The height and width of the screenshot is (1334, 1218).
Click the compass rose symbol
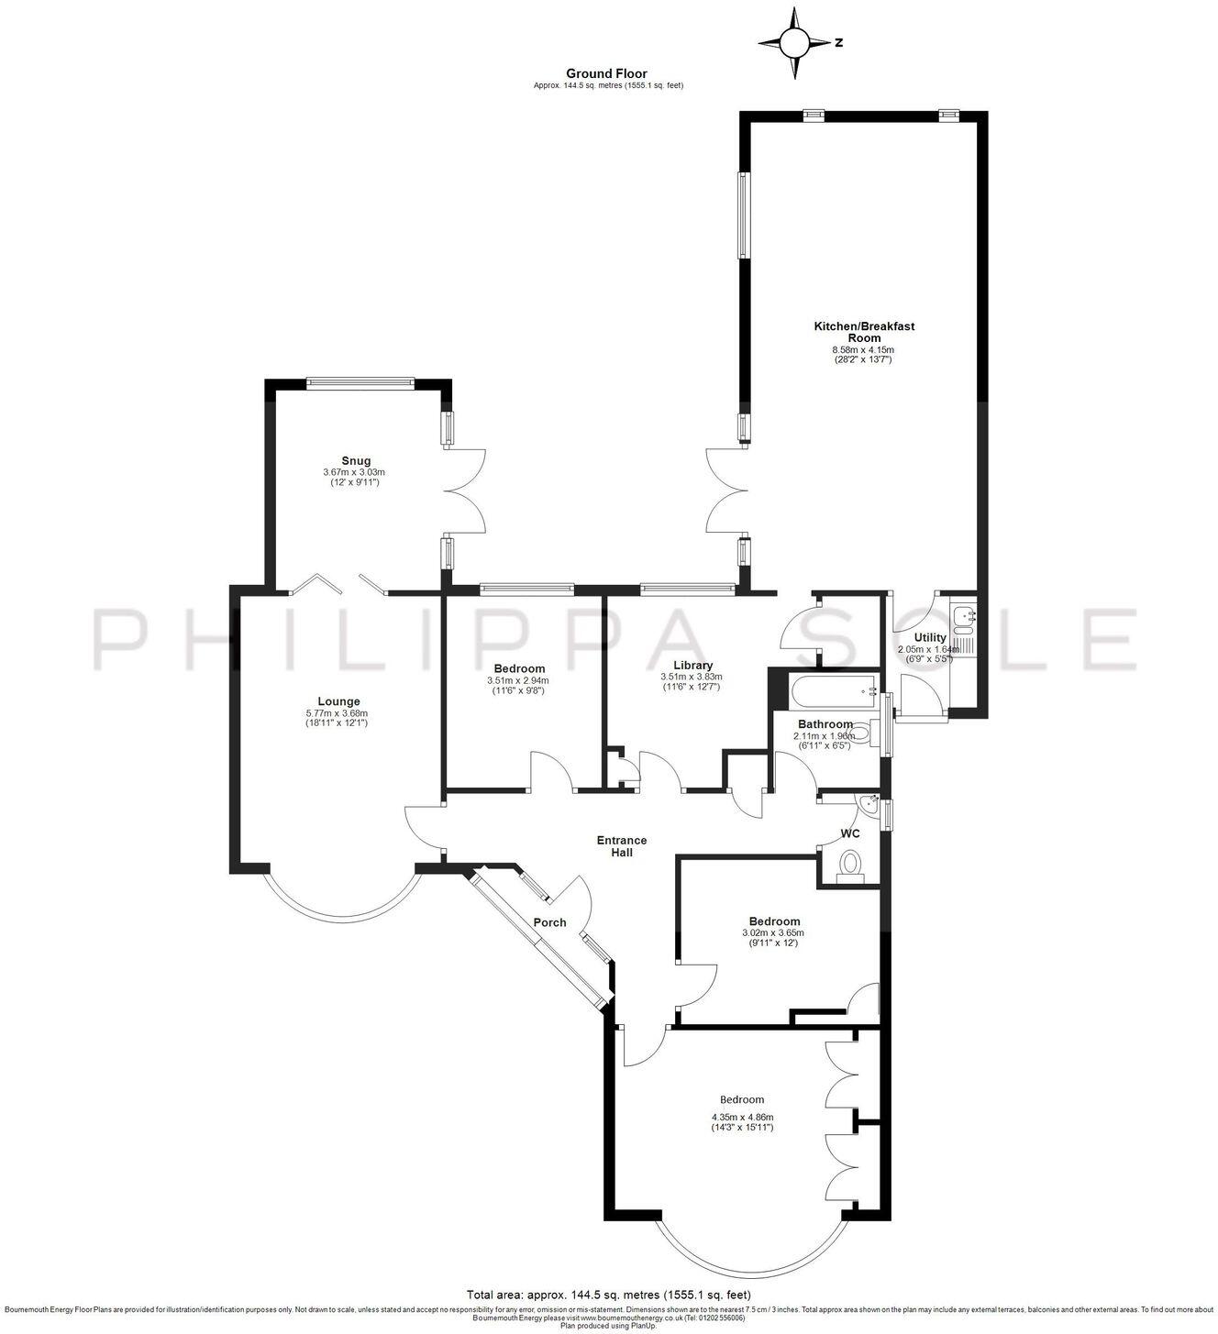click(795, 42)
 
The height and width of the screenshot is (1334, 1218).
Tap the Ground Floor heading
click(606, 73)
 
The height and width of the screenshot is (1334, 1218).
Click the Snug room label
click(356, 460)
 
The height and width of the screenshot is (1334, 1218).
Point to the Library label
click(692, 666)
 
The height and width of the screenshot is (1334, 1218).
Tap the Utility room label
click(930, 637)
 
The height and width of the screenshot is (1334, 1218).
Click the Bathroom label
click(825, 724)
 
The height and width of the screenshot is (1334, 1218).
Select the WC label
click(850, 834)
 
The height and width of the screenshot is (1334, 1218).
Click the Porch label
click(549, 922)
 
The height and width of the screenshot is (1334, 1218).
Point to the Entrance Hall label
click(622, 845)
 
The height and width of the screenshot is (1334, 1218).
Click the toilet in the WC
click(850, 865)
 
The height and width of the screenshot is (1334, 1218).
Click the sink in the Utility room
click(963, 619)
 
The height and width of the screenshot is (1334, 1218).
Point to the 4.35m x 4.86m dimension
click(742, 1117)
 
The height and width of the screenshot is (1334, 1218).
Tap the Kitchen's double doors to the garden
click(725, 490)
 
